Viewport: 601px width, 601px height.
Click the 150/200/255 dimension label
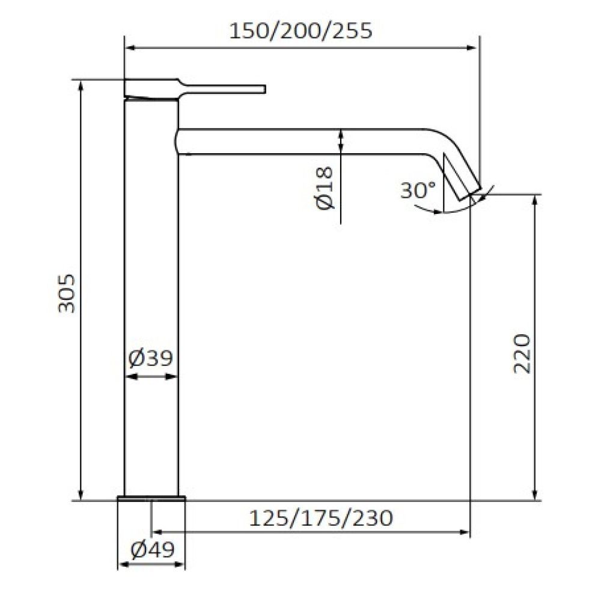coord(300,31)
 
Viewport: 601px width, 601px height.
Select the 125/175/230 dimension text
coord(321,518)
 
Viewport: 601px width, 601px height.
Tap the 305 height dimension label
coord(67,293)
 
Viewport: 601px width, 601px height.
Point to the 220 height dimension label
coord(522,353)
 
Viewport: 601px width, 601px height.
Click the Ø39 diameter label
coord(150,358)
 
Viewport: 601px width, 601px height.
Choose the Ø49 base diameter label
coord(152,550)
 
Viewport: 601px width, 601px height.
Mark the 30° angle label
coord(418,190)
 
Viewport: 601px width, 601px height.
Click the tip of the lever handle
coord(264,89)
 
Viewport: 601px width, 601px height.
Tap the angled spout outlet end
coord(471,192)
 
